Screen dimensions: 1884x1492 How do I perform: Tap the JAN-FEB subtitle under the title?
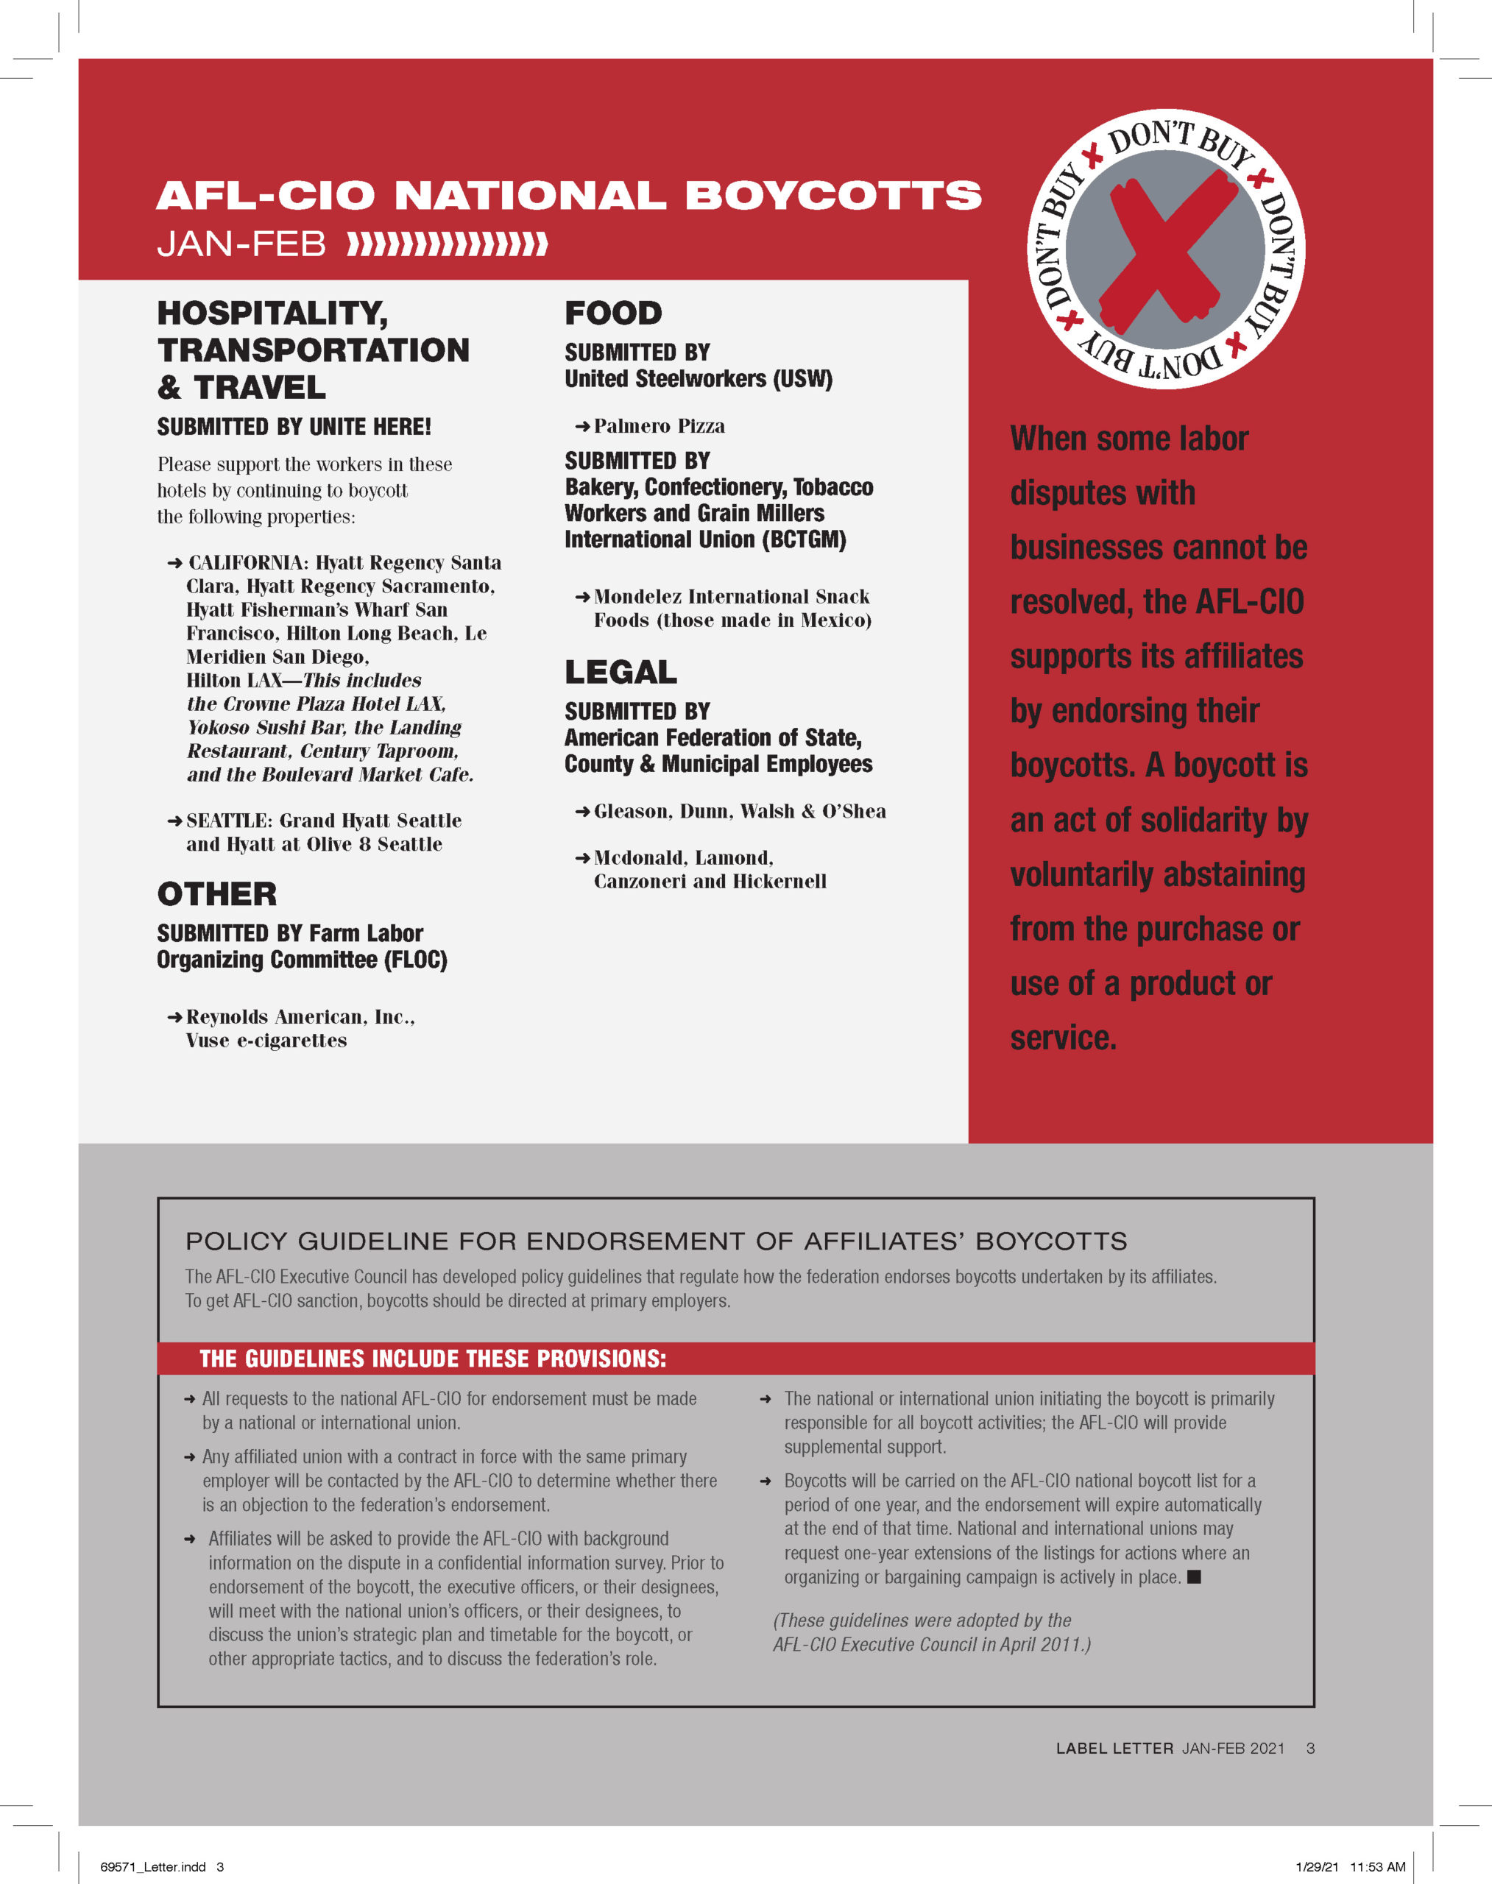pyautogui.click(x=241, y=244)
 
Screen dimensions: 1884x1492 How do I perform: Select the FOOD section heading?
pyautogui.click(x=613, y=313)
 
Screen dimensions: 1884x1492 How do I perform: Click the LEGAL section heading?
pyautogui.click(x=621, y=672)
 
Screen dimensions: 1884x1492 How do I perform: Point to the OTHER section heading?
pyautogui.click(x=216, y=893)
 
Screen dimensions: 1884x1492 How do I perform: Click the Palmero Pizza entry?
pyautogui.click(x=659, y=426)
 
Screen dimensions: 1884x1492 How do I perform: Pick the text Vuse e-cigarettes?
pyautogui.click(x=266, y=1041)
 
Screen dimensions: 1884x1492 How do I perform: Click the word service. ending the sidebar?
pyautogui.click(x=1063, y=1038)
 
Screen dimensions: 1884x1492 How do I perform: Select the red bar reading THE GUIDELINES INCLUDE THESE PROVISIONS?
pyautogui.click(x=735, y=1359)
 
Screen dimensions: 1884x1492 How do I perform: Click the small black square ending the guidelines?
pyautogui.click(x=1194, y=1576)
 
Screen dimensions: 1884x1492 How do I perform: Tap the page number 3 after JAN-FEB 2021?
pyautogui.click(x=1309, y=1748)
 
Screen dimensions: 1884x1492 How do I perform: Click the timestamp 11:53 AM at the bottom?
pyautogui.click(x=1378, y=1866)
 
